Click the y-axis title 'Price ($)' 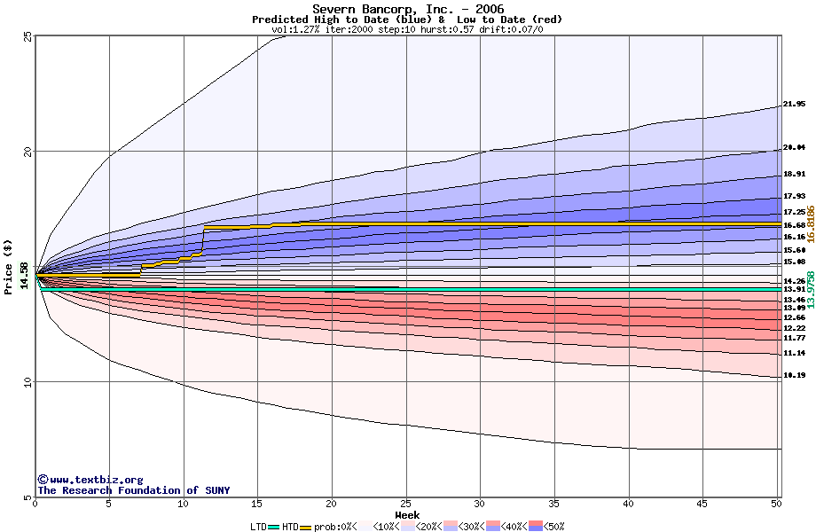[x=10, y=266]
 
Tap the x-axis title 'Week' [x=407, y=514]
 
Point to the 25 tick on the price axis [x=27, y=36]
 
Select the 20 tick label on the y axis [x=27, y=152]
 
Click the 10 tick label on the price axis [x=27, y=382]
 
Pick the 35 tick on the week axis [x=554, y=504]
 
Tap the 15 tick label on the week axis [x=258, y=504]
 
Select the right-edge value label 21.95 [x=794, y=104]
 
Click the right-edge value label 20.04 [x=794, y=147]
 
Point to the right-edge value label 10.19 [x=794, y=375]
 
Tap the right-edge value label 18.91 [x=794, y=175]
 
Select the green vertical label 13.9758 [x=810, y=290]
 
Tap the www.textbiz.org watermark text [x=90, y=480]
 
